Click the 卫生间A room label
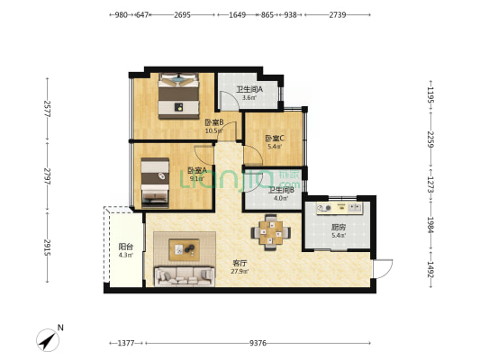[249, 89]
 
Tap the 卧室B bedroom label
[213, 122]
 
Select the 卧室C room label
[274, 138]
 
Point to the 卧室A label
[197, 170]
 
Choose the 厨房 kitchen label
[339, 227]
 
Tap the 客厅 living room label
[238, 264]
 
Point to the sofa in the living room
[184, 275]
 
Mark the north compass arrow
[49, 339]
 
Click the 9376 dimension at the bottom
[258, 343]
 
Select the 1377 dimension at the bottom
[126, 343]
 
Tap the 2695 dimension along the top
[182, 15]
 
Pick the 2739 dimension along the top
[338, 15]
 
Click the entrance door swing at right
[383, 267]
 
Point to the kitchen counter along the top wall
[338, 209]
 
